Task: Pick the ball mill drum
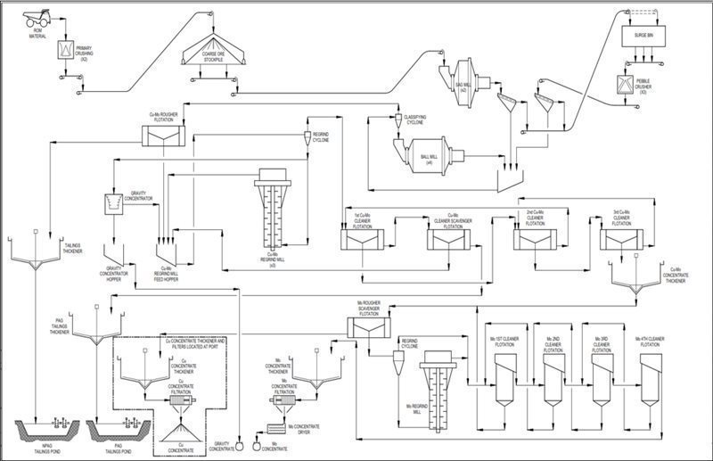[x=428, y=159]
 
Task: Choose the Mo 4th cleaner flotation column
[x=651, y=375]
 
